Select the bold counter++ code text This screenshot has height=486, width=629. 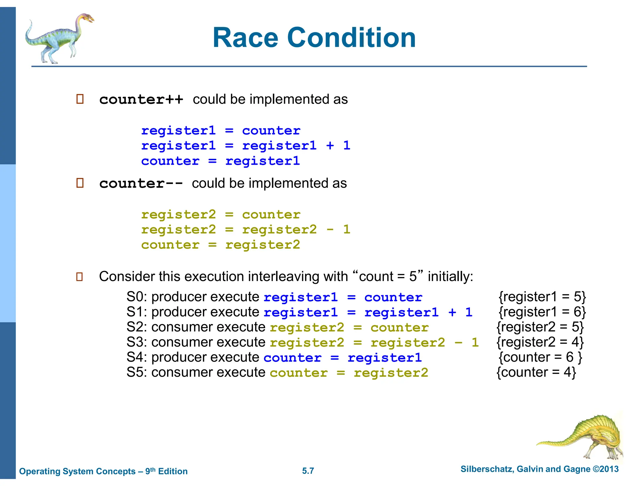click(141, 100)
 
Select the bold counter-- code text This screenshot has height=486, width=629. click(141, 183)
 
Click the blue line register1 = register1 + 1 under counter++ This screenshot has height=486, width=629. click(245, 146)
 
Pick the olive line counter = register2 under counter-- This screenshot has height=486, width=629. click(220, 245)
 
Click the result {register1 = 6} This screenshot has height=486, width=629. click(542, 312)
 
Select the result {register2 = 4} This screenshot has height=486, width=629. click(540, 342)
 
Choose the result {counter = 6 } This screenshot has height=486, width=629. click(540, 357)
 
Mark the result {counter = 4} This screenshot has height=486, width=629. click(536, 372)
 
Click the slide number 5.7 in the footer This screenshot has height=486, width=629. click(308, 471)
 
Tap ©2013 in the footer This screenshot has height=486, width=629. click(605, 469)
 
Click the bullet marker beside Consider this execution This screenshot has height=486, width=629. click(80, 276)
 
